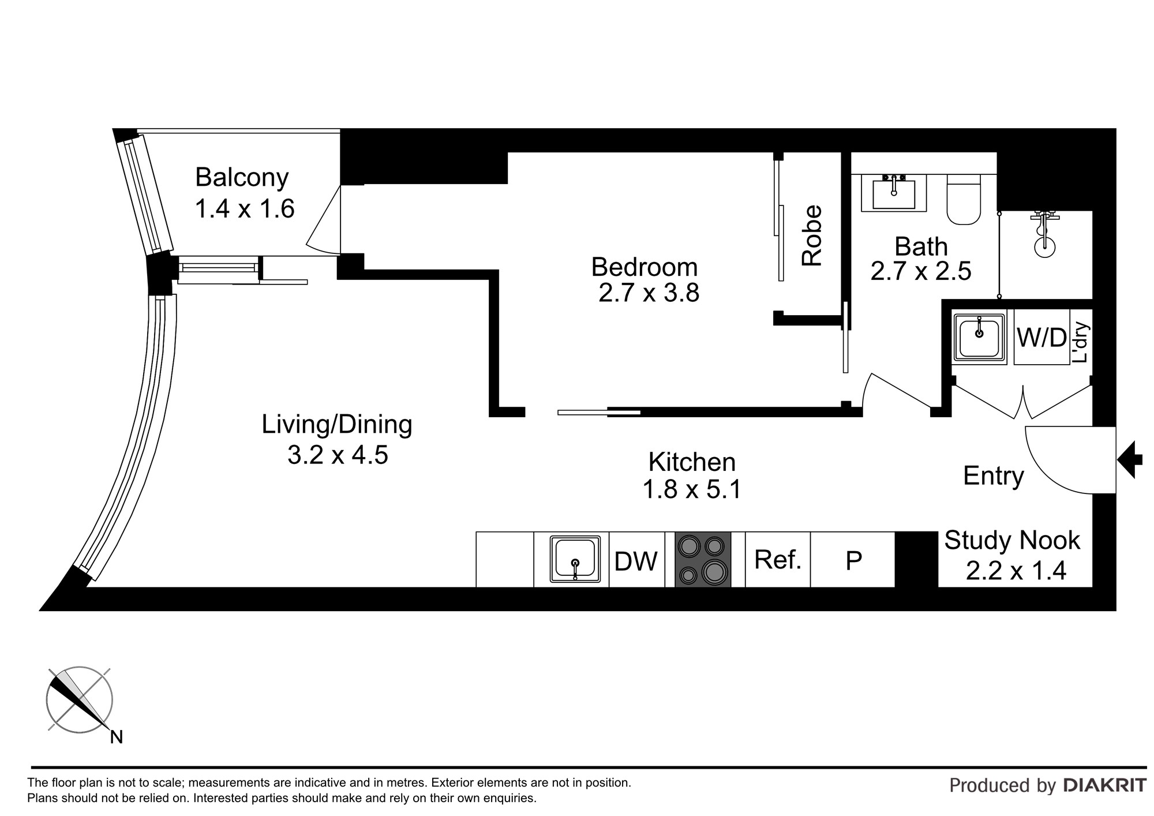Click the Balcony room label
click(x=242, y=177)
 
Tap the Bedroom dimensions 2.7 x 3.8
click(x=649, y=293)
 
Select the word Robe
click(x=812, y=235)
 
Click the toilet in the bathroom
click(x=964, y=200)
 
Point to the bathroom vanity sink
click(x=894, y=193)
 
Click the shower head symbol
click(x=1045, y=234)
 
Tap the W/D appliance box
click(x=1041, y=337)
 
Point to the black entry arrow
click(x=1130, y=459)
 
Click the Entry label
click(x=994, y=476)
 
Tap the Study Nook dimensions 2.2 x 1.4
click(x=1016, y=571)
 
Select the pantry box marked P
click(x=853, y=559)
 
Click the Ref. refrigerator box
click(x=778, y=559)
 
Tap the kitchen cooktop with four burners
click(x=703, y=559)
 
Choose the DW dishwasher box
click(x=637, y=559)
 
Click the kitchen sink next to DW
click(x=572, y=559)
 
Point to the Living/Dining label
click(x=337, y=425)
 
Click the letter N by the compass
click(x=117, y=737)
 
